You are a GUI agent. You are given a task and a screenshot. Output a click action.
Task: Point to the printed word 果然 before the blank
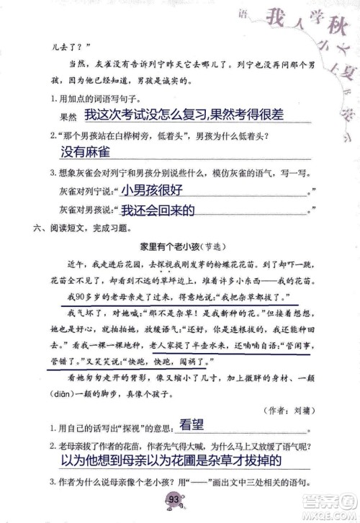point(66,115)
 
